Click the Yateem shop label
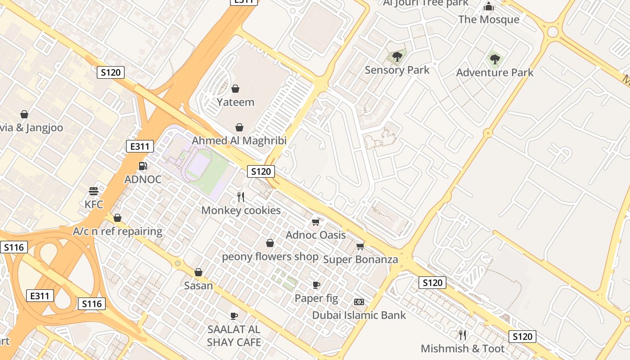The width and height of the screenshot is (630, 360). click(235, 102)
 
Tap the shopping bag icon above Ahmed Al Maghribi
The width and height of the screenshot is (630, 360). click(239, 128)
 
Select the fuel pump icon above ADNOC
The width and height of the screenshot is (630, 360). click(143, 166)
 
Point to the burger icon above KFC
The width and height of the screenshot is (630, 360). click(94, 191)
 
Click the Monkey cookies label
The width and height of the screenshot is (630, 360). click(241, 210)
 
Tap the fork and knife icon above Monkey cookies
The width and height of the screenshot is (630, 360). click(241, 197)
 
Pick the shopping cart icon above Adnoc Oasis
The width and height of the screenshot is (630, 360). click(315, 222)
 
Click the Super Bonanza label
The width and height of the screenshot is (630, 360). click(360, 260)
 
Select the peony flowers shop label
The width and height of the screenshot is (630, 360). click(270, 257)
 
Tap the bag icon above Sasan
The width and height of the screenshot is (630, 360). click(198, 272)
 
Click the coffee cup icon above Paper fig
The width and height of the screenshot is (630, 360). click(316, 285)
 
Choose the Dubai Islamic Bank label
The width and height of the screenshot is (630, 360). click(359, 315)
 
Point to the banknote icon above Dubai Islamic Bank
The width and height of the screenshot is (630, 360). click(359, 301)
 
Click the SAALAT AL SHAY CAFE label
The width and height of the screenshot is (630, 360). click(234, 336)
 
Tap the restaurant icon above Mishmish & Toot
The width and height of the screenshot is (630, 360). click(462, 335)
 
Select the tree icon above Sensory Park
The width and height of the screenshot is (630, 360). click(397, 56)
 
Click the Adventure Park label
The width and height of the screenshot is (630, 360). click(495, 72)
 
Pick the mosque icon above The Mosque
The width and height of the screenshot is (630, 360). click(489, 6)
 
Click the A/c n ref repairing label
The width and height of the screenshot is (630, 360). click(117, 231)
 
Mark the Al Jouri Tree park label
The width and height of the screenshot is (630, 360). click(426, 3)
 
